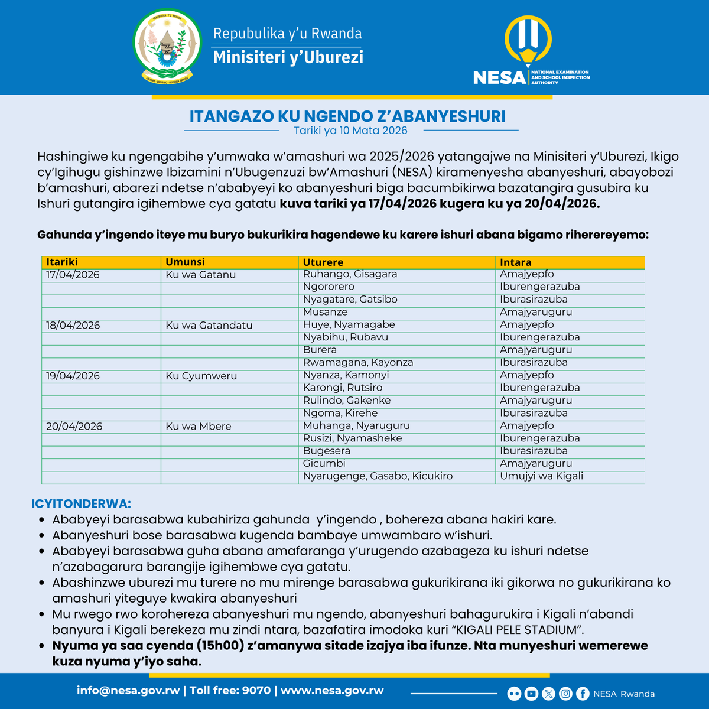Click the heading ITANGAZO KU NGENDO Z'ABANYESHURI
pos(347,116)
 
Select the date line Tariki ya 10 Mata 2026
pos(350,131)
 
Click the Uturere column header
pos(323,262)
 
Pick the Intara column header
pos(515,262)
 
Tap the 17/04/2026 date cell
pos(73,275)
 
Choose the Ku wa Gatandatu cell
pos(209,326)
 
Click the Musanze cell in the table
pos(325,312)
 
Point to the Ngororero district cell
pos(329,287)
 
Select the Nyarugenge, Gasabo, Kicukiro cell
pos(378,476)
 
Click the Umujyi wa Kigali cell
pos(541,476)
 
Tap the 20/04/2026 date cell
pos(74,427)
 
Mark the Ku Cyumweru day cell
pos(201,376)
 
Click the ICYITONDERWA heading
pos(81,504)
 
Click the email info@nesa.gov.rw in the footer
pos(128,691)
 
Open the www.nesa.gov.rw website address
pos(332,691)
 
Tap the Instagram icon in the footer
pos(565,694)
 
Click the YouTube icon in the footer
pos(531,694)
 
